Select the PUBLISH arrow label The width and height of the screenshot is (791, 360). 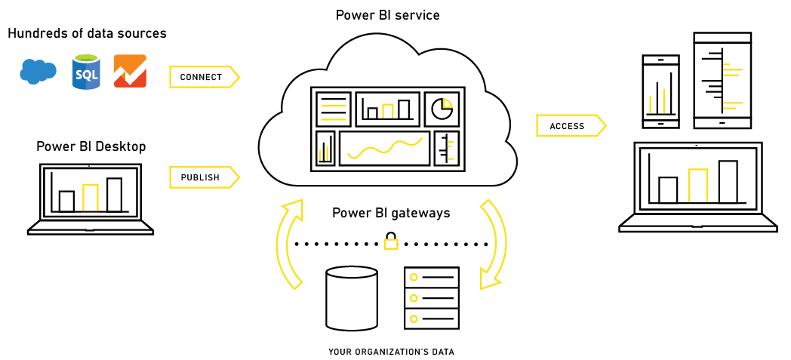[x=202, y=177]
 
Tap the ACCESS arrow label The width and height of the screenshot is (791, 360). [x=568, y=126]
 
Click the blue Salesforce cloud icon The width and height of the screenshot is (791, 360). [x=38, y=71]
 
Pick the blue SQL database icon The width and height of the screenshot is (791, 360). [x=86, y=72]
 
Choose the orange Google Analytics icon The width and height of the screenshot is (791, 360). [x=130, y=72]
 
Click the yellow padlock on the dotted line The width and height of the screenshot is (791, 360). [x=391, y=242]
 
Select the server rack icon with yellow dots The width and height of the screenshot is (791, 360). [x=431, y=297]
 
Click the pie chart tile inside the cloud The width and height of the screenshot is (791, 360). [x=442, y=109]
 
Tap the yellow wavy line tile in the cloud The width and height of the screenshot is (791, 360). [x=384, y=149]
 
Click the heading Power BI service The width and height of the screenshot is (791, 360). [x=389, y=15]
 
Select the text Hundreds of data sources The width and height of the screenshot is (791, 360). [x=87, y=33]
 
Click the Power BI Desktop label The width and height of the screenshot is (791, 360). [x=91, y=146]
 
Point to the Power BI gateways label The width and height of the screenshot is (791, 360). [x=391, y=213]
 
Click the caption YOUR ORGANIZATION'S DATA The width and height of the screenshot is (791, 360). [x=391, y=352]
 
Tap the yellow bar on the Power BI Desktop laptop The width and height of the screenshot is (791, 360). [x=91, y=198]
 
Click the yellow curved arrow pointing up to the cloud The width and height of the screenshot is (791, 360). [x=288, y=242]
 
